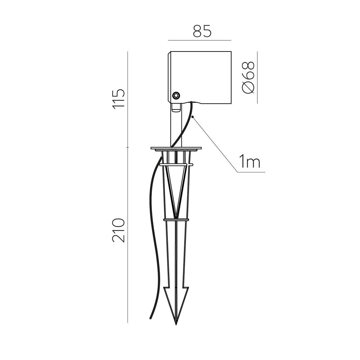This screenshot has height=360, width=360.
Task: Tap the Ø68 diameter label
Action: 248,78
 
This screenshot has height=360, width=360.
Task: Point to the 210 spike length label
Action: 118,230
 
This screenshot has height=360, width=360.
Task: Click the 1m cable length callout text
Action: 249,161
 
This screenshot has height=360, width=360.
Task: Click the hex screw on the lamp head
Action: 176,95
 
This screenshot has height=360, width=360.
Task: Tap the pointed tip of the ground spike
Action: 176,325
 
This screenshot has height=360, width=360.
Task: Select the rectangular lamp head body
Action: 199,78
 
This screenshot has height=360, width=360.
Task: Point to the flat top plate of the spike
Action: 176,148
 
